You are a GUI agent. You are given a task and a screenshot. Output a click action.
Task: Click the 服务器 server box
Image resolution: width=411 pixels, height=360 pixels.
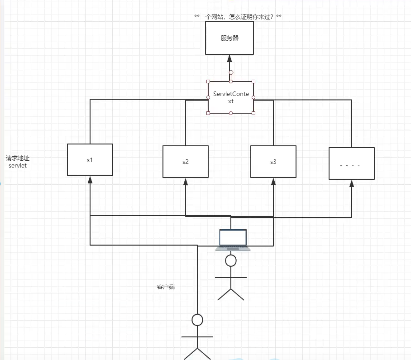point(229,38)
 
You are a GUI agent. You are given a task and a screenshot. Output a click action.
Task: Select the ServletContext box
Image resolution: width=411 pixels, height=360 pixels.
point(231,97)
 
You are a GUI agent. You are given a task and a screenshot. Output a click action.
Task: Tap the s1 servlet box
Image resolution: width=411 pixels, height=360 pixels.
point(90,160)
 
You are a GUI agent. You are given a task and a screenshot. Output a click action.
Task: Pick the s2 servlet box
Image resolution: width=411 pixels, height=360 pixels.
point(186,162)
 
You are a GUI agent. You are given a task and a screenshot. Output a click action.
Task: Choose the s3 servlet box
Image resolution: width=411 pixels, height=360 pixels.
point(273,162)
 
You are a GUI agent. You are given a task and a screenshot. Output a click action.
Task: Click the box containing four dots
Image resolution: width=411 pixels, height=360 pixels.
point(352,163)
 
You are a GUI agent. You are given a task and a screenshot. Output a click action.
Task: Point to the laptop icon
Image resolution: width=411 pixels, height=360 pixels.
point(233,240)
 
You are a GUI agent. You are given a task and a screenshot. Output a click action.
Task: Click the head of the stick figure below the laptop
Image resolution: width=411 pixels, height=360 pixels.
point(231,260)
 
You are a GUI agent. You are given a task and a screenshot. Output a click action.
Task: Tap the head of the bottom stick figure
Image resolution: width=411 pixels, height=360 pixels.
point(197,320)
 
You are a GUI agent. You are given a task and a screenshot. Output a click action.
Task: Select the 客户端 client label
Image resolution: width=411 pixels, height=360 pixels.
point(166,287)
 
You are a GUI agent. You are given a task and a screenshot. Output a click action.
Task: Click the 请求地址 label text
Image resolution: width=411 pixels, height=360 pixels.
point(18,158)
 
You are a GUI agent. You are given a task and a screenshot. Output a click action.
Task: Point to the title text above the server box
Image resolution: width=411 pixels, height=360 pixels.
point(238,17)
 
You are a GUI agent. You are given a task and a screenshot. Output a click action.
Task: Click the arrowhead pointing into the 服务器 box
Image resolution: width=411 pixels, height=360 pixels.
point(229,58)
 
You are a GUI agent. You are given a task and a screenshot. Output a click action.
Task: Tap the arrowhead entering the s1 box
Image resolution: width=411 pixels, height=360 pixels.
point(90,180)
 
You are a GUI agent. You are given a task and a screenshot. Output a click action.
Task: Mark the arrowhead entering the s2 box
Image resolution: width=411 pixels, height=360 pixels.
point(186,182)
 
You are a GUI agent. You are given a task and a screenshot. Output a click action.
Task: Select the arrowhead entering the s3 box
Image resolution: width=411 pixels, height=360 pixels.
point(273,182)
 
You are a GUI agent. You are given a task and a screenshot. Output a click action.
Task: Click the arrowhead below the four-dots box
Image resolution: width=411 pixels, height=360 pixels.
point(352,183)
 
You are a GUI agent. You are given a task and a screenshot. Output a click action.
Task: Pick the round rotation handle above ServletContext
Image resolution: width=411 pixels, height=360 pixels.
point(231,72)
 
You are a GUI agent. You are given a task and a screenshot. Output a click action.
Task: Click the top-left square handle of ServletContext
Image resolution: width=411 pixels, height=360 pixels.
point(208,82)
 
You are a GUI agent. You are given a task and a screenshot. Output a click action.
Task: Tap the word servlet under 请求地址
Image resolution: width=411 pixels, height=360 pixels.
point(18,166)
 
